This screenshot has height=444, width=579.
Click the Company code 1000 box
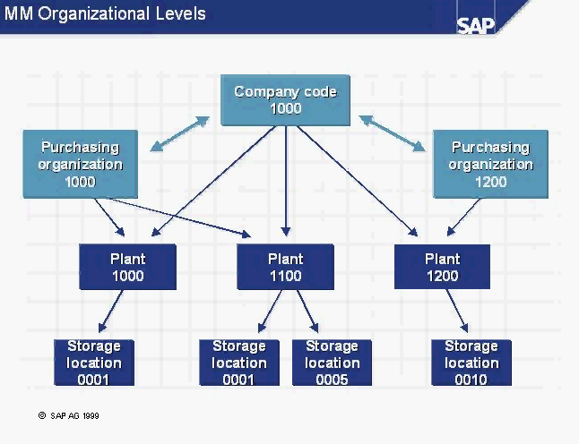285,99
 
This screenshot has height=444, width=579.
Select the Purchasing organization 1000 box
80,164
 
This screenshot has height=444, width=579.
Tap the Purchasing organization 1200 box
490,164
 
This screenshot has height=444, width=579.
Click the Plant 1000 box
127,267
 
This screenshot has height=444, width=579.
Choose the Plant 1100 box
285,267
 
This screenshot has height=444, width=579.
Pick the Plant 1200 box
442,267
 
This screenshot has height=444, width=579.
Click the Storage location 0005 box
332,363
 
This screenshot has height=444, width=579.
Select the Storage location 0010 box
471,363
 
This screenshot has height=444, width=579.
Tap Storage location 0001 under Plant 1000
93,363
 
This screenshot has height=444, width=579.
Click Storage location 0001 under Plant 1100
238,363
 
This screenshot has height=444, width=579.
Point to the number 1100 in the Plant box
285,276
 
